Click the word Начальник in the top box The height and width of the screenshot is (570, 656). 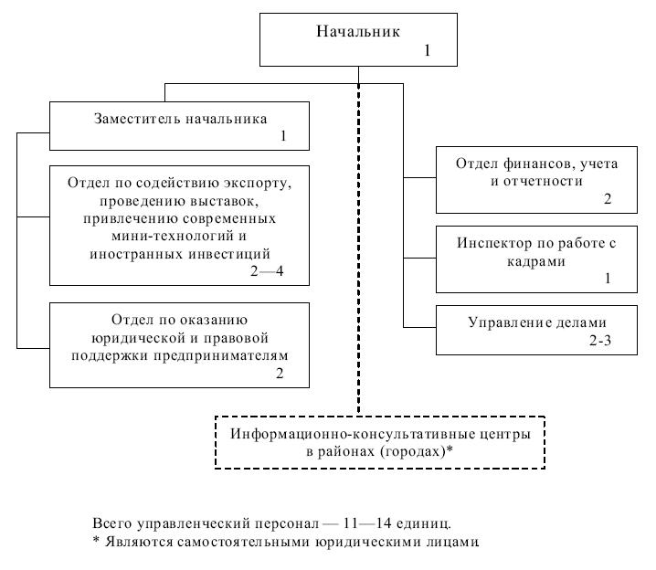pos(358,31)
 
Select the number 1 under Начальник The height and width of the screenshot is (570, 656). pos(428,50)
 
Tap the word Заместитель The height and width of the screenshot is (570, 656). pos(137,119)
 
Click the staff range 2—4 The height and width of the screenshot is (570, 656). pos(267,271)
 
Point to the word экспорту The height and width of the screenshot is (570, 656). pos(258,184)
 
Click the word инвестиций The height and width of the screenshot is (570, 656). pos(229,254)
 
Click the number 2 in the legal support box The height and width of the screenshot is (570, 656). pos(280,373)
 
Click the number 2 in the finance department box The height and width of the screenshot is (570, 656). pos(608,198)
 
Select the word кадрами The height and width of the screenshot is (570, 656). pos(536,261)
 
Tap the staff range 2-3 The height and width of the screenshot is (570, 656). pos(600,341)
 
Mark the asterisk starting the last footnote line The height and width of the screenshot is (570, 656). pos(96,540)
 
